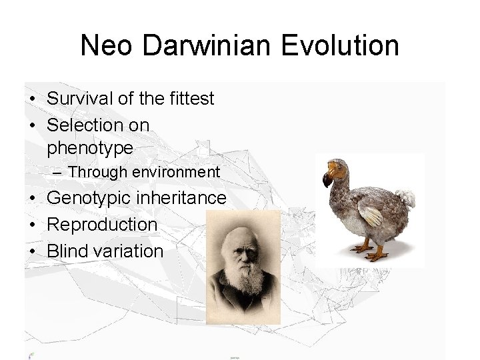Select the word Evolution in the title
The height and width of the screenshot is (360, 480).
[340, 46]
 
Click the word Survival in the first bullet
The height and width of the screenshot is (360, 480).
[79, 99]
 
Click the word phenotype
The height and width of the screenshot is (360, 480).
[90, 147]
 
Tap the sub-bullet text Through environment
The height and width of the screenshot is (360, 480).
[143, 172]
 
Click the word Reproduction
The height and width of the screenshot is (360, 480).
[102, 225]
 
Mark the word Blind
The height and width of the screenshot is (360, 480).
[67, 251]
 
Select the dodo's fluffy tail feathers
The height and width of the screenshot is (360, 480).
[405, 197]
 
